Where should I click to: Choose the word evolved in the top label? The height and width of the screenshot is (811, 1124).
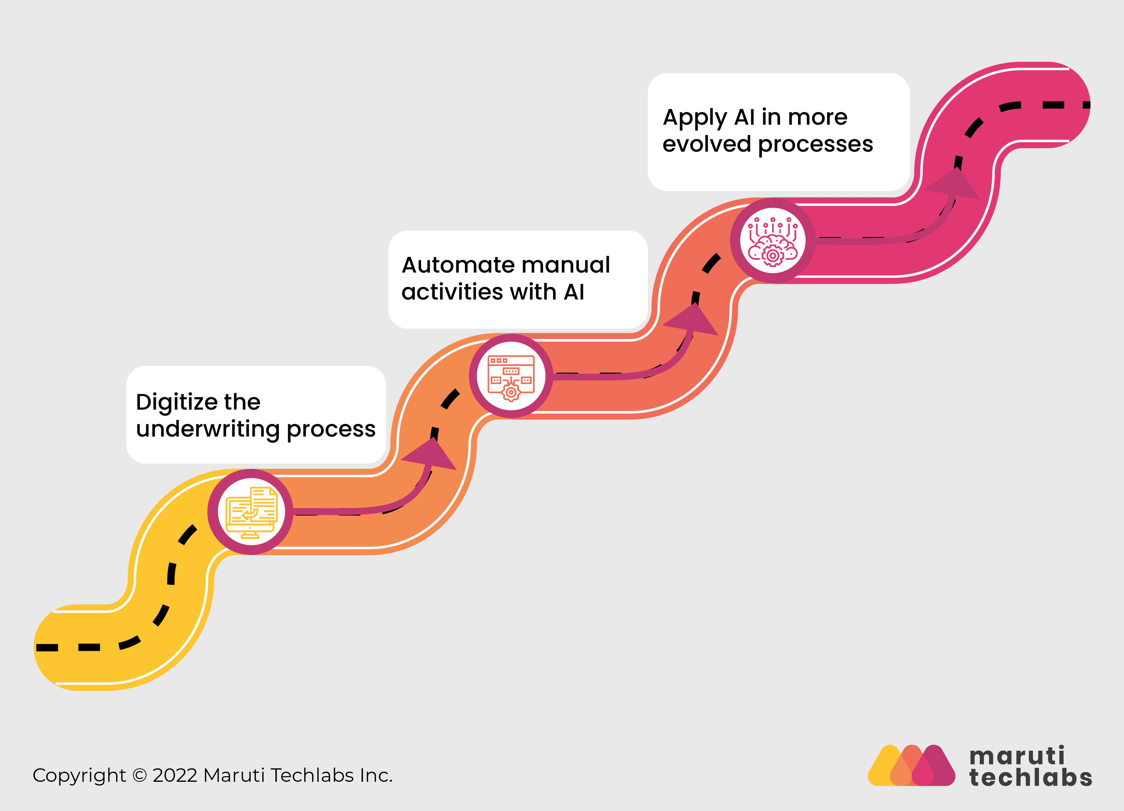point(706,144)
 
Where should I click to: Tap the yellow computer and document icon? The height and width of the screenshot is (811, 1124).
point(251,512)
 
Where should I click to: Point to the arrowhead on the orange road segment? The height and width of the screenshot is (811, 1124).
point(430,455)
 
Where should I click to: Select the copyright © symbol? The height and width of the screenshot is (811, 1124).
point(140,775)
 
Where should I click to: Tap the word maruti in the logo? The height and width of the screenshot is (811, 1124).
point(1016,756)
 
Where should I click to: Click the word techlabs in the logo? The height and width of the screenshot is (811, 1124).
point(1030,778)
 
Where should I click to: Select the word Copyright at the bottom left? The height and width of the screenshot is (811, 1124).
point(79,776)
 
